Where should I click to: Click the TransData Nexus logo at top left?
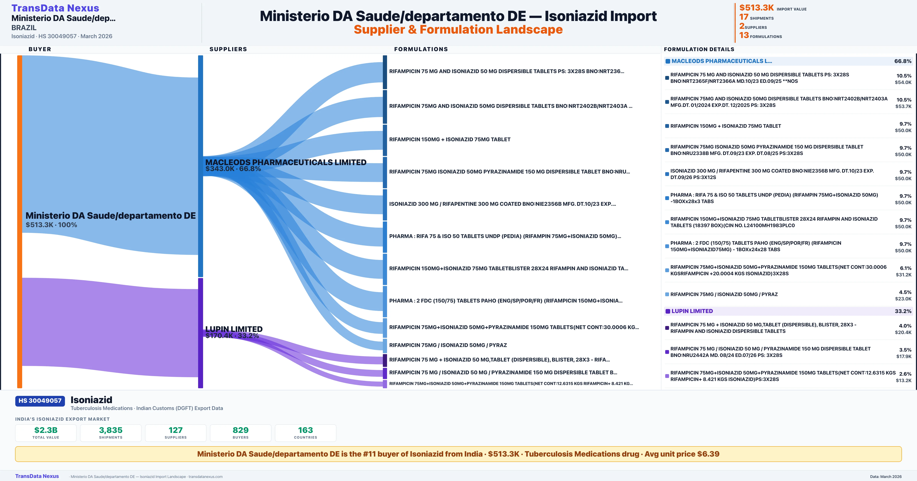55,8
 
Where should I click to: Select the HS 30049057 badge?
40,401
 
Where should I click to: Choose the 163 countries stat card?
305,433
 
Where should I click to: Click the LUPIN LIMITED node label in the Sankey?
234,329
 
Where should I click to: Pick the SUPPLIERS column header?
228,49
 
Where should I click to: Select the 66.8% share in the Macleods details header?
903,61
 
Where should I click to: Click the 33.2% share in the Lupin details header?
903,311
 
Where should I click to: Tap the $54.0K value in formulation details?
903,82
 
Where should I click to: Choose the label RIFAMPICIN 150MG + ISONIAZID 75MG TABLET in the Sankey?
450,140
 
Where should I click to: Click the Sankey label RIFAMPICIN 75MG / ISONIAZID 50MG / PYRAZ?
448,345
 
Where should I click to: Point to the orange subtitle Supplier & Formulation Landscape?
458,30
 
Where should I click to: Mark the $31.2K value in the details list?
903,275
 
